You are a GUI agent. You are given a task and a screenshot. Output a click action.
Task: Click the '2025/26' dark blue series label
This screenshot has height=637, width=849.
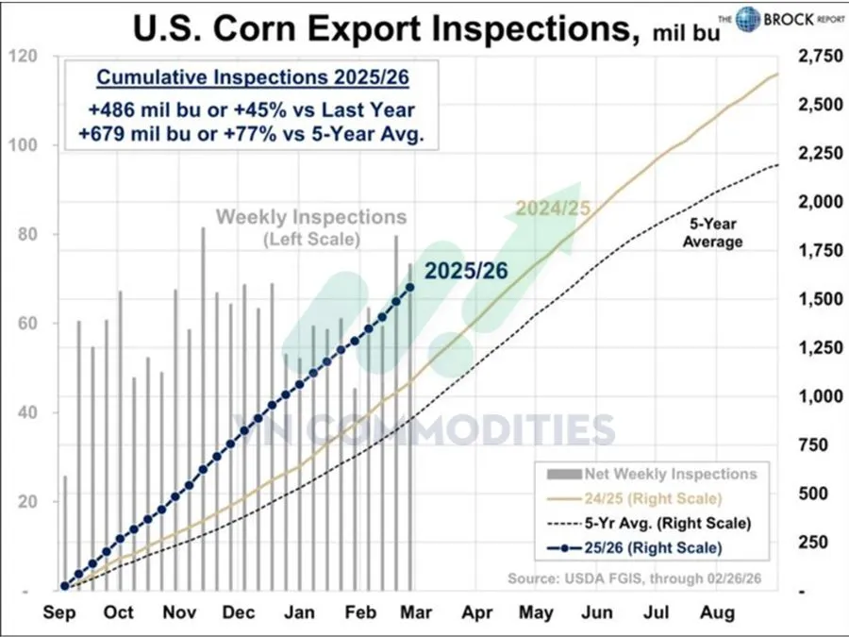[466, 270]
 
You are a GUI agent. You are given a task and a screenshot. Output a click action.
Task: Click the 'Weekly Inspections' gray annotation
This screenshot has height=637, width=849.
[311, 217]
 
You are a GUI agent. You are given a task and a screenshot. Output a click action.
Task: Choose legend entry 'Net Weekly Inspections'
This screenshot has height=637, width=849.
[670, 473]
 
